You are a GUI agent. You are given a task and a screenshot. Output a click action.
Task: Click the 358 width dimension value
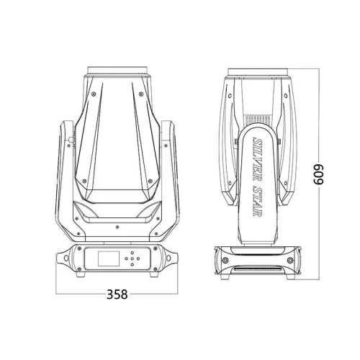pos(117,294)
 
